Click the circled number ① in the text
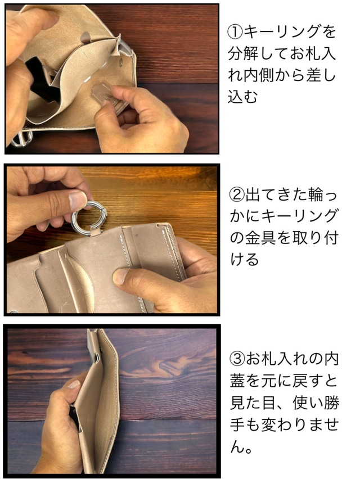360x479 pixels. coord(235,32)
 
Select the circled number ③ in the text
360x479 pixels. coord(237,359)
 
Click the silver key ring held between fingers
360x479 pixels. coord(89,216)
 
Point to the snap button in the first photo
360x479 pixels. coord(121,63)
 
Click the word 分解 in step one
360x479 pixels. coord(243,53)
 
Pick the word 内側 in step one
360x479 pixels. coord(259,75)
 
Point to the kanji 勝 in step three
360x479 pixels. coord(331,403)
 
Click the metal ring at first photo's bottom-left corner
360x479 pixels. coord(21,139)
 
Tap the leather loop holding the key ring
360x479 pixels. coord(95,233)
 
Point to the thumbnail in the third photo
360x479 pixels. coord(73,384)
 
